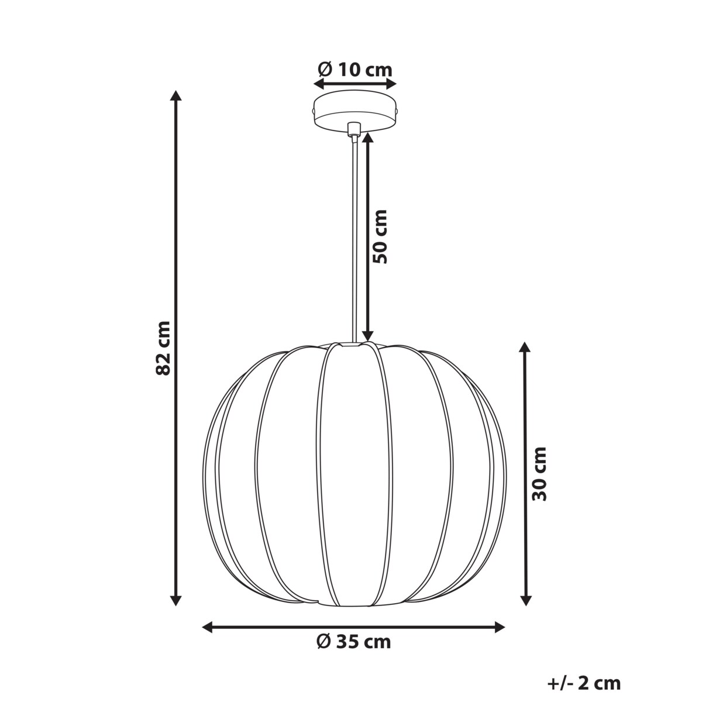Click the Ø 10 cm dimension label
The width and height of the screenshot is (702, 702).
tap(355, 70)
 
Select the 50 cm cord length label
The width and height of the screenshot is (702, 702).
tap(381, 236)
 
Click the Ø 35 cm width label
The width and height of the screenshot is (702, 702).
tap(353, 642)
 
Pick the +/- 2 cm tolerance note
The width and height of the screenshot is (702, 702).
tap(584, 683)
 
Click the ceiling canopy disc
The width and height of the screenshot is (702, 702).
tap(355, 111)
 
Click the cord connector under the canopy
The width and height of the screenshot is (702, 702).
tap(353, 130)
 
